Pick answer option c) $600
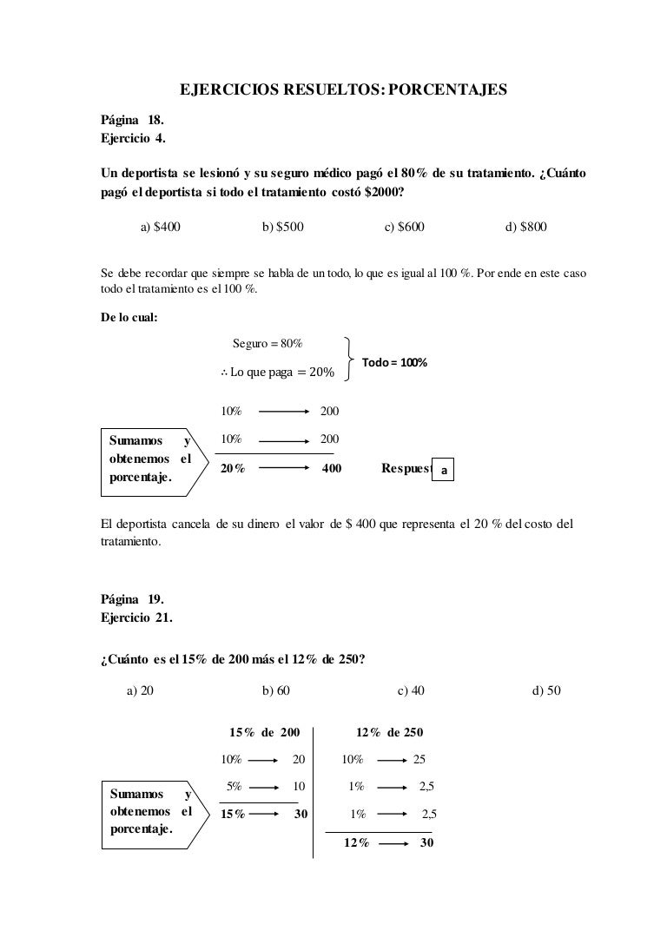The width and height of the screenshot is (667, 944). (404, 227)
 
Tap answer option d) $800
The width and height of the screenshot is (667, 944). (525, 227)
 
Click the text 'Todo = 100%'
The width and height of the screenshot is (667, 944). (393, 362)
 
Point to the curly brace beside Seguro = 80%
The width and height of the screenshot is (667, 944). (348, 359)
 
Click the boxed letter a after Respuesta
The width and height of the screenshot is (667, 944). (443, 470)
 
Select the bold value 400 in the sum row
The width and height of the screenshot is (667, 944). (331, 468)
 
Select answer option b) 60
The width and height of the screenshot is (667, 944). (275, 690)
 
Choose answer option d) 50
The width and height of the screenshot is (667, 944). (545, 690)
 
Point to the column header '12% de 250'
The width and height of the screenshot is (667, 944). (390, 732)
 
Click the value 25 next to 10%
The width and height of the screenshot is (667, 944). (419, 759)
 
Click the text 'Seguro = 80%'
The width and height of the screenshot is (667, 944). (267, 343)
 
